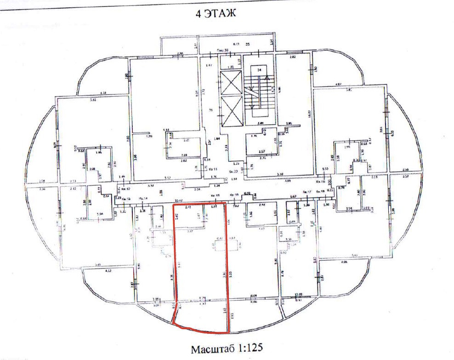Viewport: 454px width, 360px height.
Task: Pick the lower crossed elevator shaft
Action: point(231,112)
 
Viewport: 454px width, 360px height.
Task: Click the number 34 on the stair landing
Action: point(259,70)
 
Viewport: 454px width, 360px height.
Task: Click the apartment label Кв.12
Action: point(126,189)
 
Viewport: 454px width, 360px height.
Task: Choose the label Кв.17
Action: point(307,192)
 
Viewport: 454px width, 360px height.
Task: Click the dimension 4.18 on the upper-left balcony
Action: point(103,93)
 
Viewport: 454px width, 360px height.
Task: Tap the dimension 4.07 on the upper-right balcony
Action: point(339,84)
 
